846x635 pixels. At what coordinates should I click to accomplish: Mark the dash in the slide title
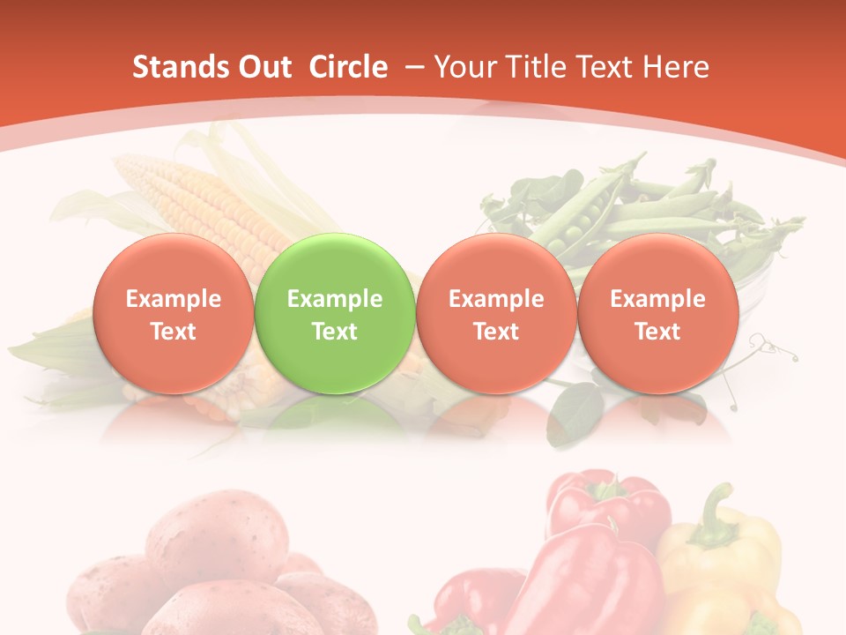[414, 67]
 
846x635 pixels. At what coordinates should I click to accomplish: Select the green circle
[335, 314]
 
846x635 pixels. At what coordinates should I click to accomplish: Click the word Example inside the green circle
[335, 299]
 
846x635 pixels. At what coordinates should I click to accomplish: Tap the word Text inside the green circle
[335, 332]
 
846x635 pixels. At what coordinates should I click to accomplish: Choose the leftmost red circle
[174, 314]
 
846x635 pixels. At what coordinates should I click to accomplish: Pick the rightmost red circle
[657, 314]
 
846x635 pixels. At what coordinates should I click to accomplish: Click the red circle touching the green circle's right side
[496, 314]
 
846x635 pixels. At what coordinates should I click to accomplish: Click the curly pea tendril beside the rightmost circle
[772, 347]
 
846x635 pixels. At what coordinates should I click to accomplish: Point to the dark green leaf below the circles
[574, 411]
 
